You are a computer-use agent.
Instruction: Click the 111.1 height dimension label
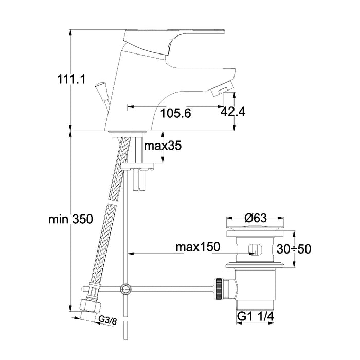point(71,79)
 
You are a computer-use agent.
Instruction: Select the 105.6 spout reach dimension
point(176,113)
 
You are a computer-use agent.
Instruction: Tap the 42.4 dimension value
point(233,112)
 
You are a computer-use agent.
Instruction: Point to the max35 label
point(163,146)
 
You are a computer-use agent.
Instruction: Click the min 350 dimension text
point(71,219)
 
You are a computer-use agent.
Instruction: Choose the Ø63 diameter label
point(256,218)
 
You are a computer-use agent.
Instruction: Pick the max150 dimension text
point(198,247)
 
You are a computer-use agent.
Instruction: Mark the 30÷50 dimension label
point(294,249)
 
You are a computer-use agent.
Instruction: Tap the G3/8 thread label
point(107,320)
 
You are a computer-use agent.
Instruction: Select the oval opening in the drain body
point(255,249)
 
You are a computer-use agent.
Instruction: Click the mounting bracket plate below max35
point(138,166)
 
